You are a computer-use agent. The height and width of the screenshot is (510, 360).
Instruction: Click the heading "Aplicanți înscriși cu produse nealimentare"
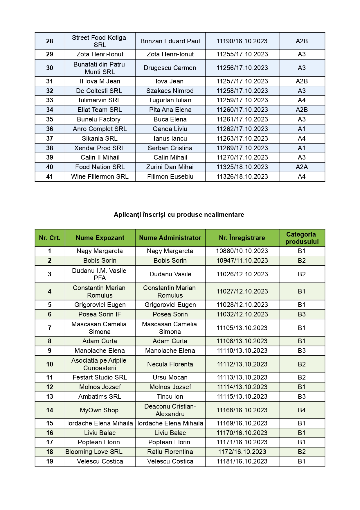coord(179,214)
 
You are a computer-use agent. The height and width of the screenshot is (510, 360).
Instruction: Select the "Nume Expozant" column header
coord(100,238)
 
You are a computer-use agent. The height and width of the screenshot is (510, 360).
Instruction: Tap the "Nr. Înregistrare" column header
coord(242,238)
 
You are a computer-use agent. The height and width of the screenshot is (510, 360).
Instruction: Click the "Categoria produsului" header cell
coord(302,238)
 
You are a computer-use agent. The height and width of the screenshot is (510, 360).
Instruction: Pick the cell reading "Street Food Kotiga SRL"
coord(99,41)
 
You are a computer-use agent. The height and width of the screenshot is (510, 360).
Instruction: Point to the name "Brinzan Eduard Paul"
coord(170,41)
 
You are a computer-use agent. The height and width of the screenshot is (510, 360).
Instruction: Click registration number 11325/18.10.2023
coord(242,167)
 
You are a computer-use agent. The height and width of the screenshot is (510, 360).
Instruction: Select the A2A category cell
coord(302,167)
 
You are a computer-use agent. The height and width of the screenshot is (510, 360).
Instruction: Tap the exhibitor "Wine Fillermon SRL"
coord(100,176)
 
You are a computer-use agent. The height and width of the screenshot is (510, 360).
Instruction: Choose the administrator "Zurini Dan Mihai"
coord(170,167)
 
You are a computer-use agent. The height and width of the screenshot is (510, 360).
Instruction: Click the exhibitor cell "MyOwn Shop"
coord(99,410)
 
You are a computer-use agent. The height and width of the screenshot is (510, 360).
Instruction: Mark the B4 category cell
coord(302,410)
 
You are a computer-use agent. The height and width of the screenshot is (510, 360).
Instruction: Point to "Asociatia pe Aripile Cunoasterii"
coord(99,364)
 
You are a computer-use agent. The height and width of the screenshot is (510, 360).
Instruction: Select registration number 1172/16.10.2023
coord(242,452)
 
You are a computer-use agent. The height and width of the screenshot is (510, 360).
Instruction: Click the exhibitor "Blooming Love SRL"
coord(94,452)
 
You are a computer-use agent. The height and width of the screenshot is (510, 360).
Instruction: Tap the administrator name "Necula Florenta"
coord(170,364)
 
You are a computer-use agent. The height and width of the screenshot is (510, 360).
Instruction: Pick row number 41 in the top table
coord(50,176)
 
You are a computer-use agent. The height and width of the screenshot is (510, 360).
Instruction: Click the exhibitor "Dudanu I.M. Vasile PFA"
coord(99,274)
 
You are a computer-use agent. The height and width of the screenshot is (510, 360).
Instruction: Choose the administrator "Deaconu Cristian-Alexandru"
coord(170,410)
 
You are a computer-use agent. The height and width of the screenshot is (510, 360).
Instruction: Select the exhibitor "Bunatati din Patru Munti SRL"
coord(99,68)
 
